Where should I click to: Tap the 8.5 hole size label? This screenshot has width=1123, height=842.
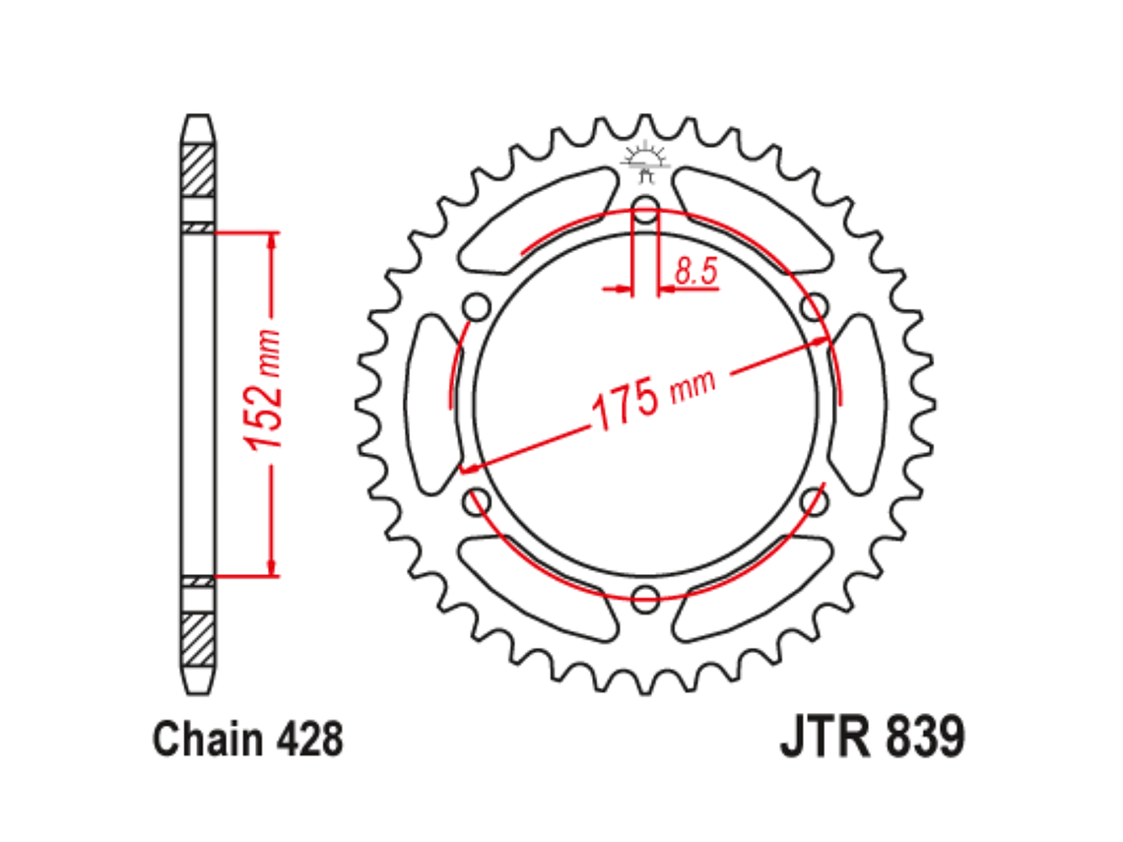(696, 272)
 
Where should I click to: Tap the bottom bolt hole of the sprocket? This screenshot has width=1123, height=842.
(645, 596)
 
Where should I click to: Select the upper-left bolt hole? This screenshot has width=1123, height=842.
(477, 306)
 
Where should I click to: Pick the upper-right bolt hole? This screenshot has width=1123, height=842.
(814, 306)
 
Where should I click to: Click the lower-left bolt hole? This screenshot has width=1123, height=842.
(477, 501)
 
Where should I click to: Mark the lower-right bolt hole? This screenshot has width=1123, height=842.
(814, 501)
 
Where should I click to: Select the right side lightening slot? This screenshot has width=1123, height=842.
(858, 404)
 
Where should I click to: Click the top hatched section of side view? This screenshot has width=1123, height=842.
(197, 169)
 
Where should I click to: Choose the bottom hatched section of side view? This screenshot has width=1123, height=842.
(197, 640)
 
